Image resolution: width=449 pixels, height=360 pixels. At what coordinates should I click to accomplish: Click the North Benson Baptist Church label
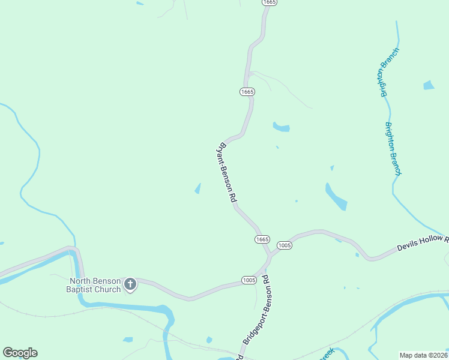pyautogui.click(x=95, y=285)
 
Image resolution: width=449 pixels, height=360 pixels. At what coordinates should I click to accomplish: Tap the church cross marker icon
pyautogui.click(x=130, y=285)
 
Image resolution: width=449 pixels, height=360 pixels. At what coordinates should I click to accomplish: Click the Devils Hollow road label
pyautogui.click(x=423, y=243)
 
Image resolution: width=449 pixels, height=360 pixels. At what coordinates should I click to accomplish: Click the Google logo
pyautogui.click(x=20, y=353)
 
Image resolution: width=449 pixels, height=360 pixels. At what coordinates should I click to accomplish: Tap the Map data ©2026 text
pyautogui.click(x=423, y=355)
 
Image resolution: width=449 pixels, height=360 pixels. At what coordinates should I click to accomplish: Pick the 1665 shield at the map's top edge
pyautogui.click(x=269, y=2)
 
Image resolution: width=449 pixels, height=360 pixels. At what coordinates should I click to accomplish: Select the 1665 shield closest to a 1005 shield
pyautogui.click(x=262, y=239)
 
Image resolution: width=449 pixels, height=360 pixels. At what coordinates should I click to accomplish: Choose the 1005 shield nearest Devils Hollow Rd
pyautogui.click(x=284, y=245)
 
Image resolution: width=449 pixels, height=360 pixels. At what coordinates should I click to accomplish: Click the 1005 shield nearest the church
pyautogui.click(x=249, y=280)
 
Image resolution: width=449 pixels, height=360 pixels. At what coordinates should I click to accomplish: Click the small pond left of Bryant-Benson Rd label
pyautogui.click(x=197, y=189)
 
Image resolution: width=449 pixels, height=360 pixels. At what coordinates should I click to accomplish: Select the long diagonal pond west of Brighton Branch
pyautogui.click(x=336, y=196)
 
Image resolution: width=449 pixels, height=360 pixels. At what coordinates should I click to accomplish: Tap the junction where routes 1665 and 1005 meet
pyautogui.click(x=271, y=254)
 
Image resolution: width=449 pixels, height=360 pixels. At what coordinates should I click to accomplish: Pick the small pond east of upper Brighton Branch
pyautogui.click(x=428, y=85)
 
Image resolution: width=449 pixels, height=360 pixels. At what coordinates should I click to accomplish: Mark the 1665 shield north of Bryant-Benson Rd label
pyautogui.click(x=247, y=92)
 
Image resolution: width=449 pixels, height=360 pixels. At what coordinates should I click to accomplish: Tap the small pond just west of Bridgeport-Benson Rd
pyautogui.click(x=209, y=340)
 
